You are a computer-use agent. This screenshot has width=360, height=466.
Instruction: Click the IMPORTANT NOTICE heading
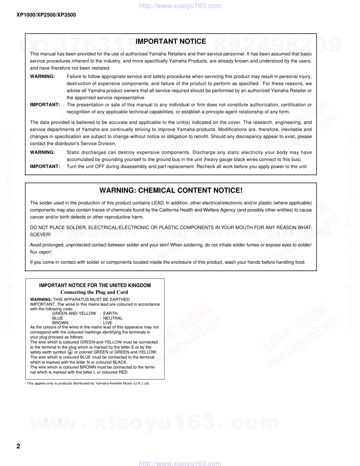click(171, 42)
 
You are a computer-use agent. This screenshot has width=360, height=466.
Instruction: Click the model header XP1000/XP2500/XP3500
click(46, 15)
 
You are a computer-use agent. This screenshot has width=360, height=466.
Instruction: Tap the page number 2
click(18, 446)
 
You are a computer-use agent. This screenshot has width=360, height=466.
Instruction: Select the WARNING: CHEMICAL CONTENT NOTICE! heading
click(171, 191)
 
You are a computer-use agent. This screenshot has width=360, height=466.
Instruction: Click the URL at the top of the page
click(180, 6)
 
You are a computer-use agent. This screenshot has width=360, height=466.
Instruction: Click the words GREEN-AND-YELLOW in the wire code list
click(74, 313)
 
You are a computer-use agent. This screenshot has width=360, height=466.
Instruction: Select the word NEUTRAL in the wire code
click(113, 318)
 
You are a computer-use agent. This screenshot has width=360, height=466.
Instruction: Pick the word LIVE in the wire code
click(108, 323)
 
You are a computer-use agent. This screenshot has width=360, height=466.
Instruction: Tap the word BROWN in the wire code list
click(60, 323)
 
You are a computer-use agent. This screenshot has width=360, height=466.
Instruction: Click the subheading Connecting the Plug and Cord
click(94, 292)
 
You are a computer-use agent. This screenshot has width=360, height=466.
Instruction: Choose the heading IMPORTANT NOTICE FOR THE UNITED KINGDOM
click(95, 285)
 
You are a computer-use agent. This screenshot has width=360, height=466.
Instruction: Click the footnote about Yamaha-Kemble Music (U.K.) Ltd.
click(88, 383)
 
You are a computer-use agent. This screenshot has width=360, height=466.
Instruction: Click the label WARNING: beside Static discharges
click(42, 153)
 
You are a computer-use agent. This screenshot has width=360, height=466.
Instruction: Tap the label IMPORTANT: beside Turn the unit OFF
click(45, 167)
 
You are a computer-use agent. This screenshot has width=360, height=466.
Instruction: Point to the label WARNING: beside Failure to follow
click(42, 77)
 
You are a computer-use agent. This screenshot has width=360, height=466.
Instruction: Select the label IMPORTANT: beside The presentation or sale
click(45, 105)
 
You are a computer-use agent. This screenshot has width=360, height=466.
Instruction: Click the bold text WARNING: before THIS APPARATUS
click(41, 299)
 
